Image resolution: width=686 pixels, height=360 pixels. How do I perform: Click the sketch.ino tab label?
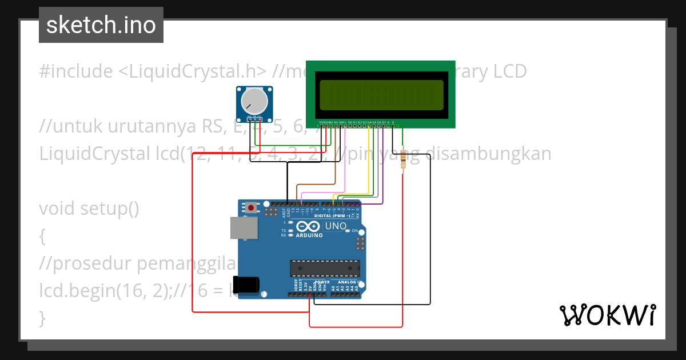101,25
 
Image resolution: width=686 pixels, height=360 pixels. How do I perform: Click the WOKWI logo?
607,315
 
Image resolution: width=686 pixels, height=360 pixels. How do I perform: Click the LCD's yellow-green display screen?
381,95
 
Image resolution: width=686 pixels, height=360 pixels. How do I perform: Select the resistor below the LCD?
404,159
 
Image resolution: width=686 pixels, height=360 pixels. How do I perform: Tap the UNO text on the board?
336,226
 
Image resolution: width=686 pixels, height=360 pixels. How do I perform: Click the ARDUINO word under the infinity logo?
309,235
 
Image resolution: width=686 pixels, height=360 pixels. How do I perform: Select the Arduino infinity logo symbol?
309,226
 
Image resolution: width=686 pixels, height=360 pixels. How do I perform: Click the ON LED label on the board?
354,230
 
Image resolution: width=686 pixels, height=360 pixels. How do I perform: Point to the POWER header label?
322,282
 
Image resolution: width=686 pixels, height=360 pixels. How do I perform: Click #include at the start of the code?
76,71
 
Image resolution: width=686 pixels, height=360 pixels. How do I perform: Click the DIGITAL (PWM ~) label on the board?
333,216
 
